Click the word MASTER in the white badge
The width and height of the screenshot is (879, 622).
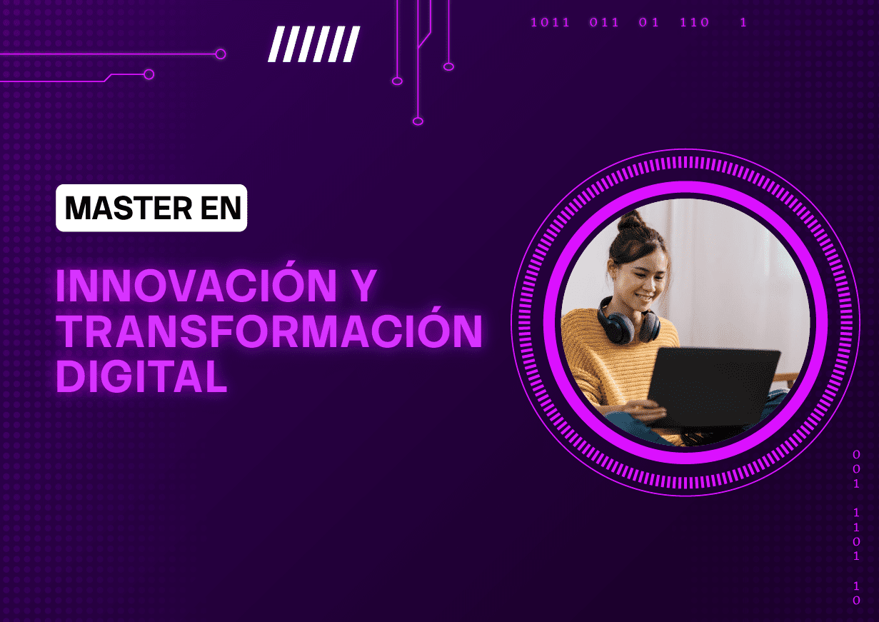point(129,208)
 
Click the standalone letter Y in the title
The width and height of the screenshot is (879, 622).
point(362,286)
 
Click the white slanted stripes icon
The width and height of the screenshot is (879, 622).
point(314,44)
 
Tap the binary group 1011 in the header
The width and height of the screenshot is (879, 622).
point(550,22)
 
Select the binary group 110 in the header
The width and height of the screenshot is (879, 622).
point(695,22)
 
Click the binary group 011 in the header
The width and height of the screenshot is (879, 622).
point(604,22)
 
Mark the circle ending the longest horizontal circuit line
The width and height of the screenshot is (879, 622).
point(221,54)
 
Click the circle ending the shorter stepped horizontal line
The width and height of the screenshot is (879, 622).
point(149,74)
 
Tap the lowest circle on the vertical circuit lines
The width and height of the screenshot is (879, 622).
point(418,121)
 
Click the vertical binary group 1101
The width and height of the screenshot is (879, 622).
point(857,534)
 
